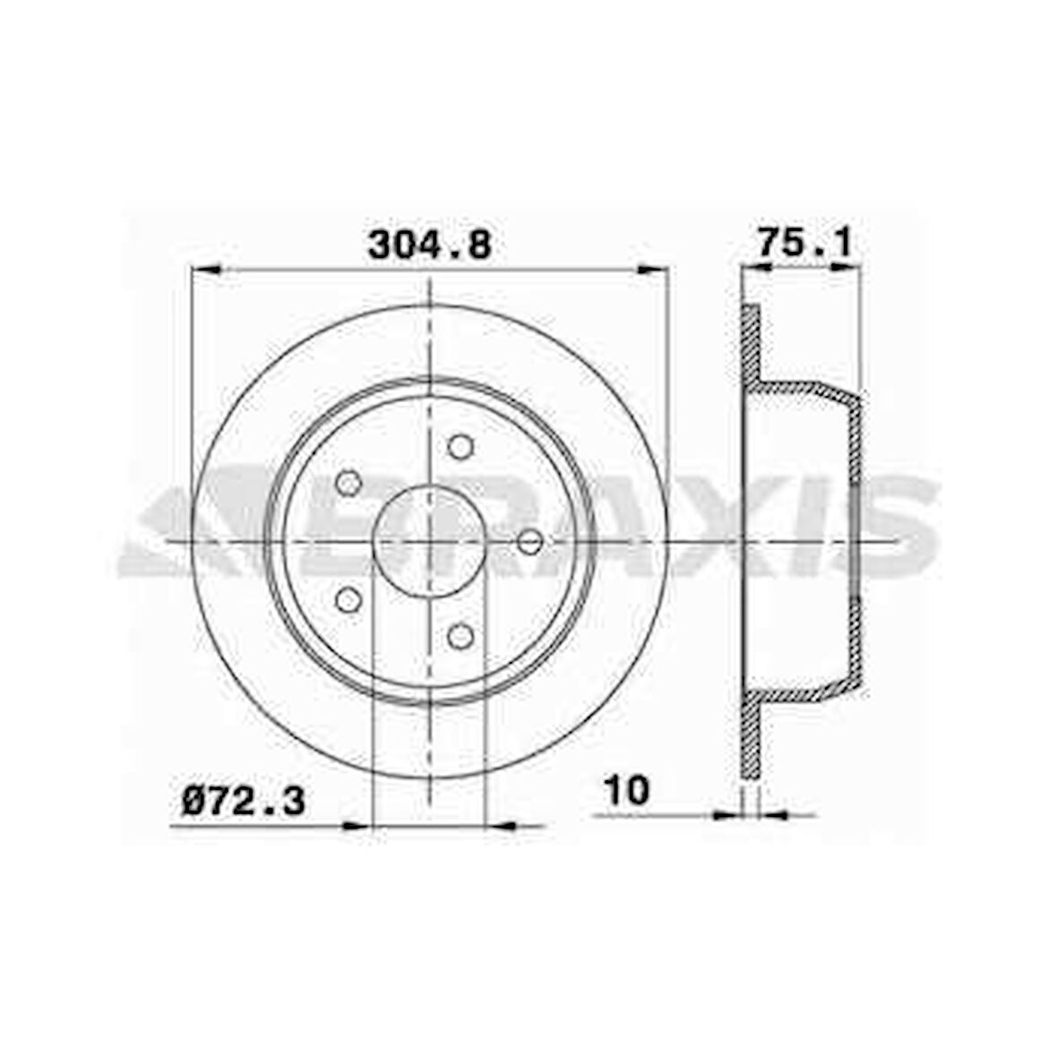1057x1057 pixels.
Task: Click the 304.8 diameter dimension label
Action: pyautogui.click(x=430, y=245)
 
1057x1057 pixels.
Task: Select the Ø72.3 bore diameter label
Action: pyautogui.click(x=244, y=800)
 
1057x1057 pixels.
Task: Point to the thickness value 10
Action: pyautogui.click(x=627, y=791)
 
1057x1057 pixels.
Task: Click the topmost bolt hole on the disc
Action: pyautogui.click(x=460, y=445)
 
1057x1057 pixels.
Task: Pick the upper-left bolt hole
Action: pyautogui.click(x=348, y=484)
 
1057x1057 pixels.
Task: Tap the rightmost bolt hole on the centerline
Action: pyautogui.click(x=530, y=542)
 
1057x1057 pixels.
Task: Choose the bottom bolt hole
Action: pyautogui.click(x=460, y=636)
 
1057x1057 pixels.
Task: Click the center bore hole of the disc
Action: pyautogui.click(x=429, y=542)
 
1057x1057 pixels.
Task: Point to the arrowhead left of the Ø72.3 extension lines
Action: pyautogui.click(x=357, y=825)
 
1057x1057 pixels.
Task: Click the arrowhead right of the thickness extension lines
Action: pyautogui.click(x=772, y=814)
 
